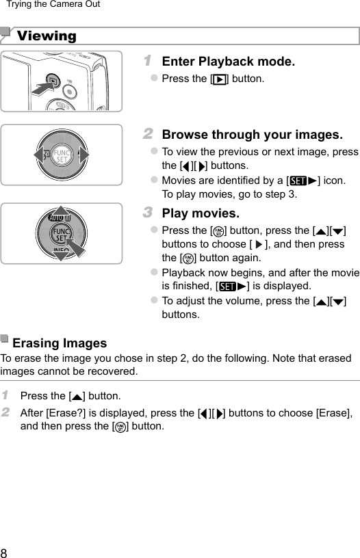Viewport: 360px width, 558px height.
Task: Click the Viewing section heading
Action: click(47, 36)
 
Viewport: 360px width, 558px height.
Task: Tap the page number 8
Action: click(5, 551)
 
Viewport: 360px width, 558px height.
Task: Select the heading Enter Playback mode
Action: click(229, 62)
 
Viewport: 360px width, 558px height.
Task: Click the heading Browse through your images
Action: click(253, 135)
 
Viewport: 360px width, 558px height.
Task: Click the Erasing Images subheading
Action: click(60, 343)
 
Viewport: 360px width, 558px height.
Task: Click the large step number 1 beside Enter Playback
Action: click(147, 61)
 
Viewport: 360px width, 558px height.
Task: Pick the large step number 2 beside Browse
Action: click(148, 134)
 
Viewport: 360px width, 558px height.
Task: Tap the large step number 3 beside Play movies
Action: click(148, 213)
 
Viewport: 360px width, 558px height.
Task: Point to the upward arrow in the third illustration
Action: click(62, 213)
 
